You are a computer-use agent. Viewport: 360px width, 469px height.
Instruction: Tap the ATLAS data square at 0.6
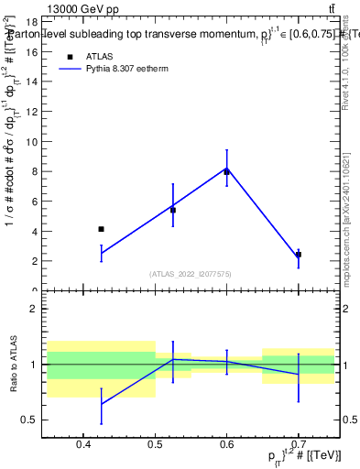coord(227,171)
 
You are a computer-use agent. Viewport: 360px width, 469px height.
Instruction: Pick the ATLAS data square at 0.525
coord(173,210)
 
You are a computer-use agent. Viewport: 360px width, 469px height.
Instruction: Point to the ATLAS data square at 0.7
coord(299,255)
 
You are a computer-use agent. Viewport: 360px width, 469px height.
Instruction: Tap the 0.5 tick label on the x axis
coord(155,445)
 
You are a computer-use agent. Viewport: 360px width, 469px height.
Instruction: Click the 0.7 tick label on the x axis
coord(299,445)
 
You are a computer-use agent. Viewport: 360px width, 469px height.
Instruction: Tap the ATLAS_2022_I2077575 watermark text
coord(191,274)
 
